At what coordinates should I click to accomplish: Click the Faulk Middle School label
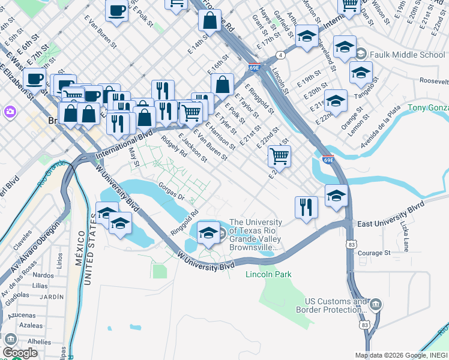click(408, 55)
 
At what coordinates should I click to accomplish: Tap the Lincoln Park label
click(268, 275)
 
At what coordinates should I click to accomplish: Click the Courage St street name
click(374, 253)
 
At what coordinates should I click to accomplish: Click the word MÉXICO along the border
click(78, 267)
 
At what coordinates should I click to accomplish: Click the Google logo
click(20, 353)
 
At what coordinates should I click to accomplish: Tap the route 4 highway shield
click(281, 56)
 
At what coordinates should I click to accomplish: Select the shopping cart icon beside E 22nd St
click(279, 157)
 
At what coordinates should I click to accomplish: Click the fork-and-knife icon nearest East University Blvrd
click(306, 208)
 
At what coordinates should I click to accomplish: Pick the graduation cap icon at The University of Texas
click(208, 233)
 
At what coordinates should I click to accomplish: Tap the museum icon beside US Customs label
click(376, 305)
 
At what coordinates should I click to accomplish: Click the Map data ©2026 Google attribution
click(400, 355)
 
